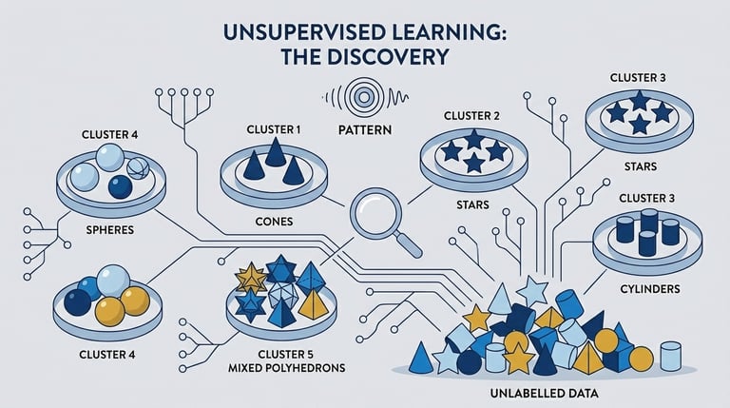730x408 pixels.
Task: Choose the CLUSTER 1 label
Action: click(x=275, y=129)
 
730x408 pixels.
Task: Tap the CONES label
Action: click(x=274, y=222)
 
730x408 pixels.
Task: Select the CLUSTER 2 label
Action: click(x=471, y=116)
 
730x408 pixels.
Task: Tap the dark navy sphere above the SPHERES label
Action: click(x=120, y=186)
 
